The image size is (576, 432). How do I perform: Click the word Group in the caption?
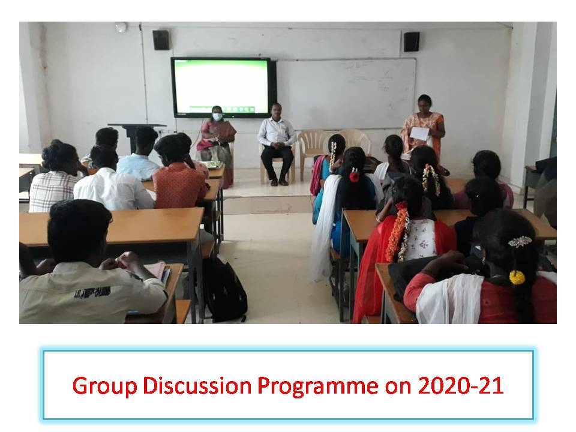click(x=104, y=386)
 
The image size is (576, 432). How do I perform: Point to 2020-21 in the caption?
click(x=461, y=386)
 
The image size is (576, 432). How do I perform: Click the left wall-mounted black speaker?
click(x=161, y=40)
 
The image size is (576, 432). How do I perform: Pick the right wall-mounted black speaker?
click(x=412, y=41)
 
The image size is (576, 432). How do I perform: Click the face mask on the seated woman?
click(x=217, y=117)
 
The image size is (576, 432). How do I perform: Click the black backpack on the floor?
click(x=224, y=290)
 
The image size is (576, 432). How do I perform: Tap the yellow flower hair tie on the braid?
click(x=517, y=277)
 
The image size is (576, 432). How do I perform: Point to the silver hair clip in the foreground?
click(x=520, y=242)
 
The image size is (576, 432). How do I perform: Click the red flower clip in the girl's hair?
click(x=354, y=176)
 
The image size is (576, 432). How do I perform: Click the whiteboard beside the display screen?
click(x=346, y=93)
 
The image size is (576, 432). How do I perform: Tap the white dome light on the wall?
click(x=121, y=27)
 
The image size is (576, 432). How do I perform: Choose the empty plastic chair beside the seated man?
click(x=311, y=152)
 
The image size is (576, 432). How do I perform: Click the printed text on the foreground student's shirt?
click(x=92, y=293)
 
